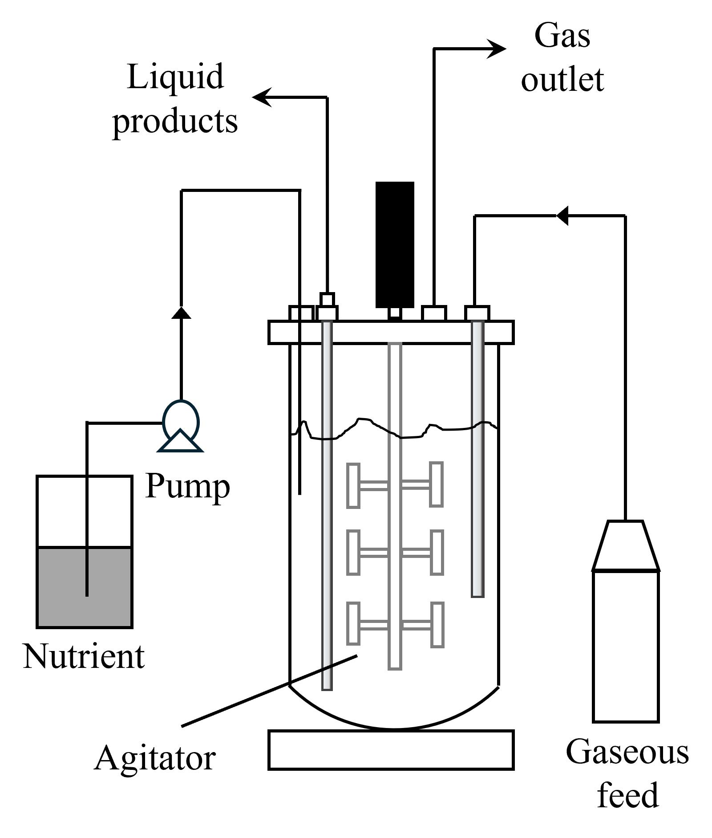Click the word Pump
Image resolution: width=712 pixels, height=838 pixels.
pyautogui.click(x=187, y=487)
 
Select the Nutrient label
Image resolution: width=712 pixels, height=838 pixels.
pyautogui.click(x=84, y=656)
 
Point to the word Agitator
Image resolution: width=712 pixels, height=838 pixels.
pyautogui.click(x=155, y=758)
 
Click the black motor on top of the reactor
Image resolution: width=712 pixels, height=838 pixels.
pyautogui.click(x=395, y=244)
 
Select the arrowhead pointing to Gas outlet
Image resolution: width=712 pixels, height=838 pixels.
pyautogui.click(x=496, y=49)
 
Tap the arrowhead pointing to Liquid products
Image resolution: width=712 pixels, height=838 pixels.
pyautogui.click(x=263, y=97)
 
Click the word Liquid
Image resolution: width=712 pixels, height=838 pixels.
pyautogui.click(x=175, y=77)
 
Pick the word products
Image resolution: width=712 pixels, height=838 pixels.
pyautogui.click(x=175, y=121)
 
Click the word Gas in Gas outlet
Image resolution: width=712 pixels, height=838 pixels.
pyautogui.click(x=562, y=36)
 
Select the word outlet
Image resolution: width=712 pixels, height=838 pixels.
pyautogui.click(x=562, y=80)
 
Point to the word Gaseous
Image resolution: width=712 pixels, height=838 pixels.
pyautogui.click(x=627, y=752)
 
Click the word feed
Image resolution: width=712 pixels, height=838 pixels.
pyautogui.click(x=627, y=795)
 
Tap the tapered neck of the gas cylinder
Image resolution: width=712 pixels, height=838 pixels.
pyautogui.click(x=625, y=545)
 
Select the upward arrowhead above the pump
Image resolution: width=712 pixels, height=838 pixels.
pyautogui.click(x=181, y=313)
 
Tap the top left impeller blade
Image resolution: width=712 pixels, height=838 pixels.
pyautogui.click(x=353, y=485)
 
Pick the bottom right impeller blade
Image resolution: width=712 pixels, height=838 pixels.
pyautogui.click(x=437, y=624)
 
